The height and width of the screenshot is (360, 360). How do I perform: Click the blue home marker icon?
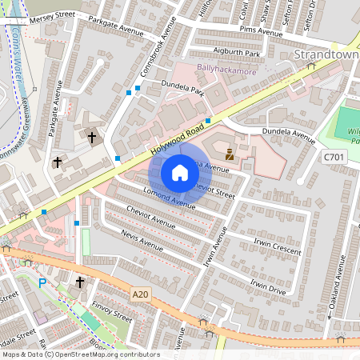[x=180, y=173]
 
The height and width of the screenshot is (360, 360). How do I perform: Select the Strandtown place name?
[x=326, y=54]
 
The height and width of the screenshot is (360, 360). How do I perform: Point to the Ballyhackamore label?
[x=227, y=69]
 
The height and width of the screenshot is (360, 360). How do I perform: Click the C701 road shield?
[x=333, y=159]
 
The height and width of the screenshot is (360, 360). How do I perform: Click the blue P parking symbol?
[x=42, y=282]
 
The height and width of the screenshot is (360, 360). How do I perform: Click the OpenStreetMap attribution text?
[x=80, y=354]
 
